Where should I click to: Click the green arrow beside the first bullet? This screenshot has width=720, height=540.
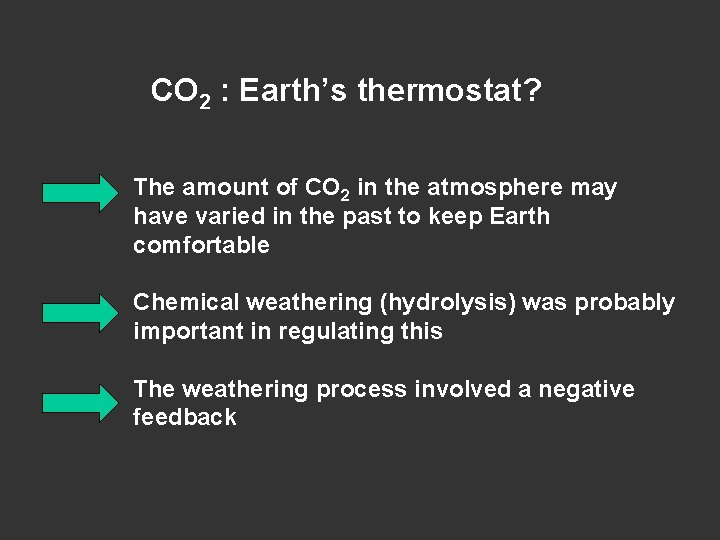[x=80, y=191]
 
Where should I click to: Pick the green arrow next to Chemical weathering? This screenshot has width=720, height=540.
[x=80, y=312]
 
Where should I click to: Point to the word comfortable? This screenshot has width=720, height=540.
[x=201, y=245]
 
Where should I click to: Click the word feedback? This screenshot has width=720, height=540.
[x=185, y=418]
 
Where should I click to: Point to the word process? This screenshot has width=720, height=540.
[x=353, y=389]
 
